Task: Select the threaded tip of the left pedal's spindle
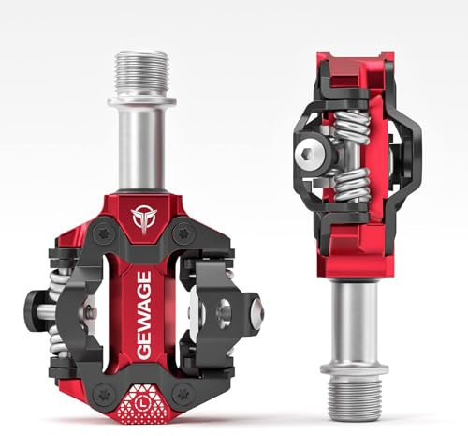pos(141,71)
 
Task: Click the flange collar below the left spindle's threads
pos(141,99)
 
